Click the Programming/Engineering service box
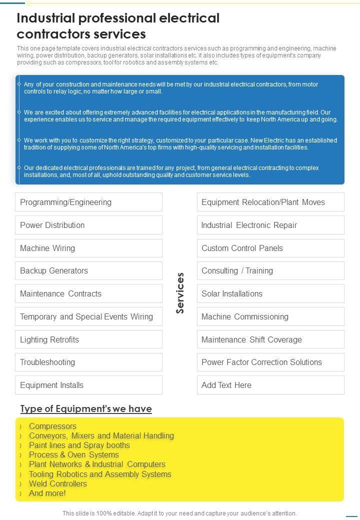click(x=88, y=202)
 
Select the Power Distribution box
click(x=88, y=225)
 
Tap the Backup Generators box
click(x=88, y=270)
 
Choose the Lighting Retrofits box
click(x=88, y=339)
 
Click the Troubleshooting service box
click(x=88, y=362)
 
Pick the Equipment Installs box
click(x=88, y=385)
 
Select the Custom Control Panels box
click(x=270, y=248)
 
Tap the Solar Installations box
click(x=270, y=293)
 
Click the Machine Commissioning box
click(x=270, y=316)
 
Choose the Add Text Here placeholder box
click(x=270, y=385)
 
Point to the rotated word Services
click(x=180, y=293)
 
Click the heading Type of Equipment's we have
click(x=86, y=409)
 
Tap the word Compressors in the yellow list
click(x=52, y=426)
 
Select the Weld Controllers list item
click(x=57, y=483)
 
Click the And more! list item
click(x=47, y=493)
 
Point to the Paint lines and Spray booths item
click(x=79, y=445)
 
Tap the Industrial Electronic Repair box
click(x=270, y=225)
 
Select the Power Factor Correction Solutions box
click(x=270, y=362)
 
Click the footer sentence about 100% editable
click(x=179, y=513)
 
